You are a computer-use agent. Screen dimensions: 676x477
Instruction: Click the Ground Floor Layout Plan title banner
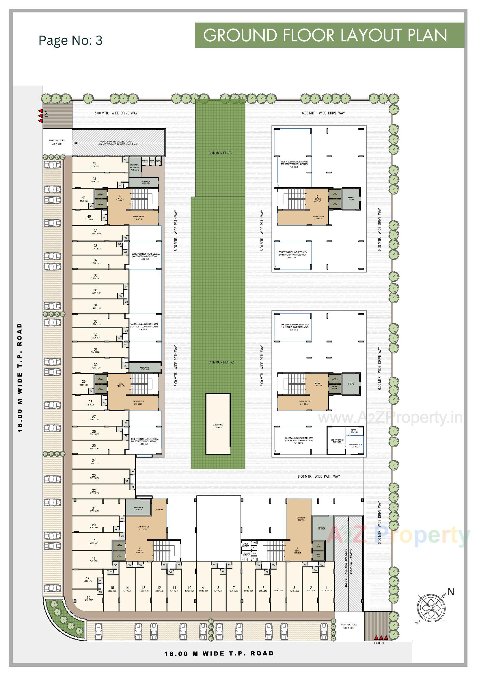click(329, 35)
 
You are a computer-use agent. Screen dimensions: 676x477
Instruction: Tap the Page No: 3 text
click(70, 40)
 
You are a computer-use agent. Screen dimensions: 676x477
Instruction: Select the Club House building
click(218, 424)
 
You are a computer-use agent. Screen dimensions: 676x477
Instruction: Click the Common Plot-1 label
click(221, 153)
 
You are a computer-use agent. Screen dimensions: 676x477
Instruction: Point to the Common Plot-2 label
click(221, 362)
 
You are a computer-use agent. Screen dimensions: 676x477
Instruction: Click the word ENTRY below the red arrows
click(379, 643)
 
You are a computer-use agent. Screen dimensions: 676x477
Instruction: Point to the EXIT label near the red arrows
click(46, 114)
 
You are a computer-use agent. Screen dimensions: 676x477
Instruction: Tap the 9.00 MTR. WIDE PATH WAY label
click(318, 476)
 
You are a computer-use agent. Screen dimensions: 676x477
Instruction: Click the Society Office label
click(337, 441)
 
